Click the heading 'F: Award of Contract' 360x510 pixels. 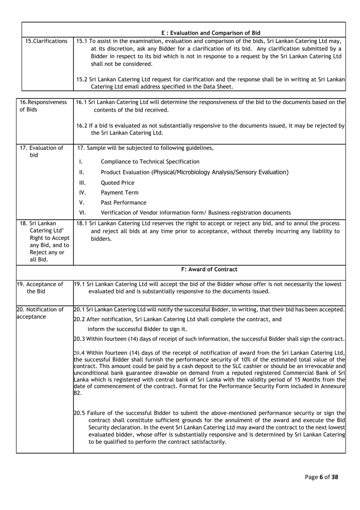coord(209,269)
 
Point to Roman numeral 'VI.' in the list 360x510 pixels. coord(83,213)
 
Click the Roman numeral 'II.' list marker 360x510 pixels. coord(82,172)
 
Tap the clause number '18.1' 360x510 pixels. coord(82,223)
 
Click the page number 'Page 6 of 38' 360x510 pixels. coord(321,477)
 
